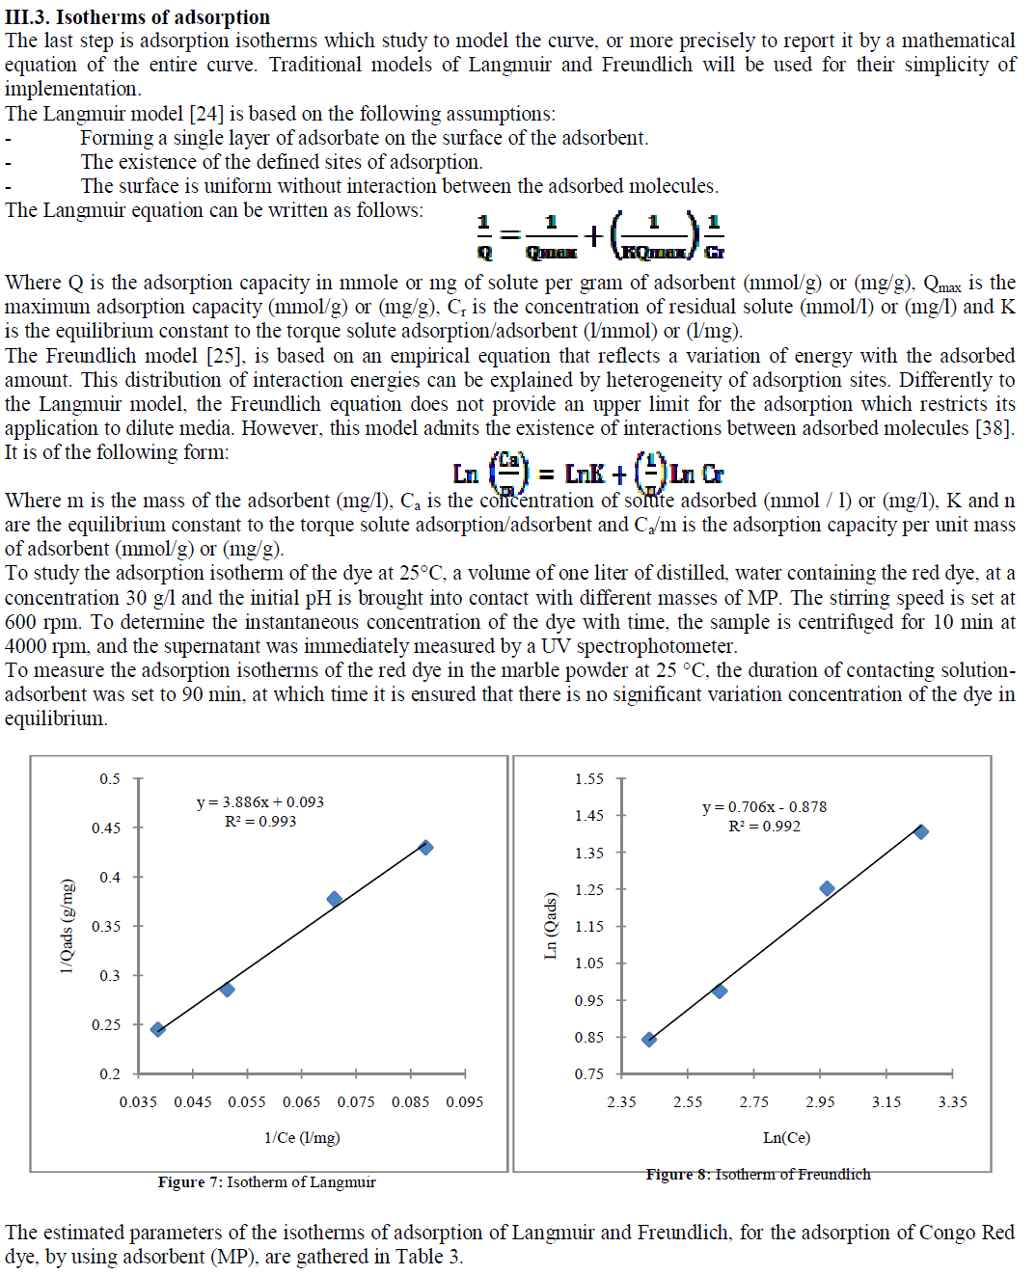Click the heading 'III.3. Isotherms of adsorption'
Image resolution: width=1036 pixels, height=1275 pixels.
(137, 17)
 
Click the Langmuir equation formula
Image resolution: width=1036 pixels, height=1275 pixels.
(600, 235)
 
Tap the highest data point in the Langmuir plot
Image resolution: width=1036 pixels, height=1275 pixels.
(425, 848)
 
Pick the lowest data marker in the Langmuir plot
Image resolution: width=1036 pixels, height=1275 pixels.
(158, 1029)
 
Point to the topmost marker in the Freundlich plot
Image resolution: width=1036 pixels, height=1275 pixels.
(921, 831)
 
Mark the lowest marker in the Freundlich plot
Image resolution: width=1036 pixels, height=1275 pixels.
(649, 1040)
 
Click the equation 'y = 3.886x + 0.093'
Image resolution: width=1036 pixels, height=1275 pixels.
(260, 802)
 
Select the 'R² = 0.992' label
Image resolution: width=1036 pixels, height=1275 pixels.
(764, 827)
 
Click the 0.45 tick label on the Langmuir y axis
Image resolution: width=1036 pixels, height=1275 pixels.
(106, 828)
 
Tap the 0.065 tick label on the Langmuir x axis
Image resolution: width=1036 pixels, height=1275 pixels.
(301, 1102)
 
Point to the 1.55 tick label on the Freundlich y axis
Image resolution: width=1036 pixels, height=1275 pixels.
(588, 779)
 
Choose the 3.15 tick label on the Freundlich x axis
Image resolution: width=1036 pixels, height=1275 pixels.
(886, 1102)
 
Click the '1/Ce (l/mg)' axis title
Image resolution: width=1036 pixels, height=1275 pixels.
(302, 1138)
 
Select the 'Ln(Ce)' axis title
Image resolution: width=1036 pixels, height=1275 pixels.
(786, 1138)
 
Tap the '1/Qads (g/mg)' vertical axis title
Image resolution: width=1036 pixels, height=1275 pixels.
(67, 926)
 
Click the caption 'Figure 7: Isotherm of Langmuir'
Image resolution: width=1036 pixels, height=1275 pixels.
(267, 1182)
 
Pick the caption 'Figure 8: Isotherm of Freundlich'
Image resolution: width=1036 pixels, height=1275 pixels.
(758, 1175)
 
